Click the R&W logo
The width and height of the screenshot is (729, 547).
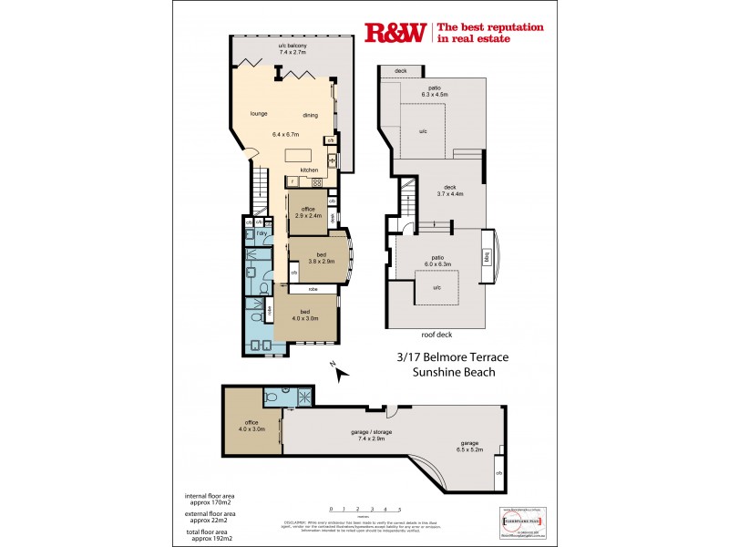pyautogui.click(x=395, y=33)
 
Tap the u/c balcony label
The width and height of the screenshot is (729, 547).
pyautogui.click(x=293, y=49)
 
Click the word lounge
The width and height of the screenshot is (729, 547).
pyautogui.click(x=260, y=115)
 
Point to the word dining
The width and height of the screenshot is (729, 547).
pyautogui.click(x=310, y=115)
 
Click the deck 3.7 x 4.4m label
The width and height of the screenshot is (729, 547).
pyautogui.click(x=449, y=190)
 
